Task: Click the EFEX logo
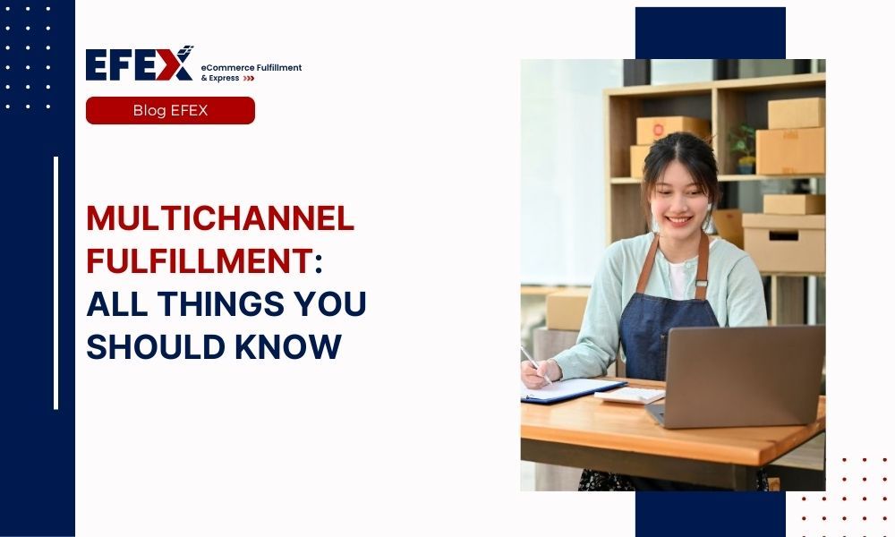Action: tap(140, 64)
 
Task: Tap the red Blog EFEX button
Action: tap(170, 110)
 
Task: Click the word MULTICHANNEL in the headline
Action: tap(220, 219)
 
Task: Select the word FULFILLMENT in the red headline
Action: tap(198, 262)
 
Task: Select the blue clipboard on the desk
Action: tap(573, 391)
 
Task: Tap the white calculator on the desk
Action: tap(630, 394)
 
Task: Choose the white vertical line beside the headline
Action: tap(55, 283)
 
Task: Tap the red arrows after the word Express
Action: tap(249, 79)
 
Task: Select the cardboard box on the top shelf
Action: tap(796, 114)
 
